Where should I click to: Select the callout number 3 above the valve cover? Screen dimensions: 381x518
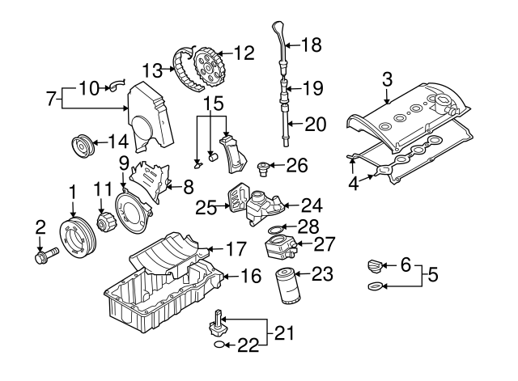pos(387,78)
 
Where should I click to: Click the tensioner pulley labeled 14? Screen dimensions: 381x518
pos(80,146)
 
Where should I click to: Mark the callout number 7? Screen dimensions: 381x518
pos(51,100)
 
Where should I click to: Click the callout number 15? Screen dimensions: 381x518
pos(212,104)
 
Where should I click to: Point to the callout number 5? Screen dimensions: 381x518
pos(432,275)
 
